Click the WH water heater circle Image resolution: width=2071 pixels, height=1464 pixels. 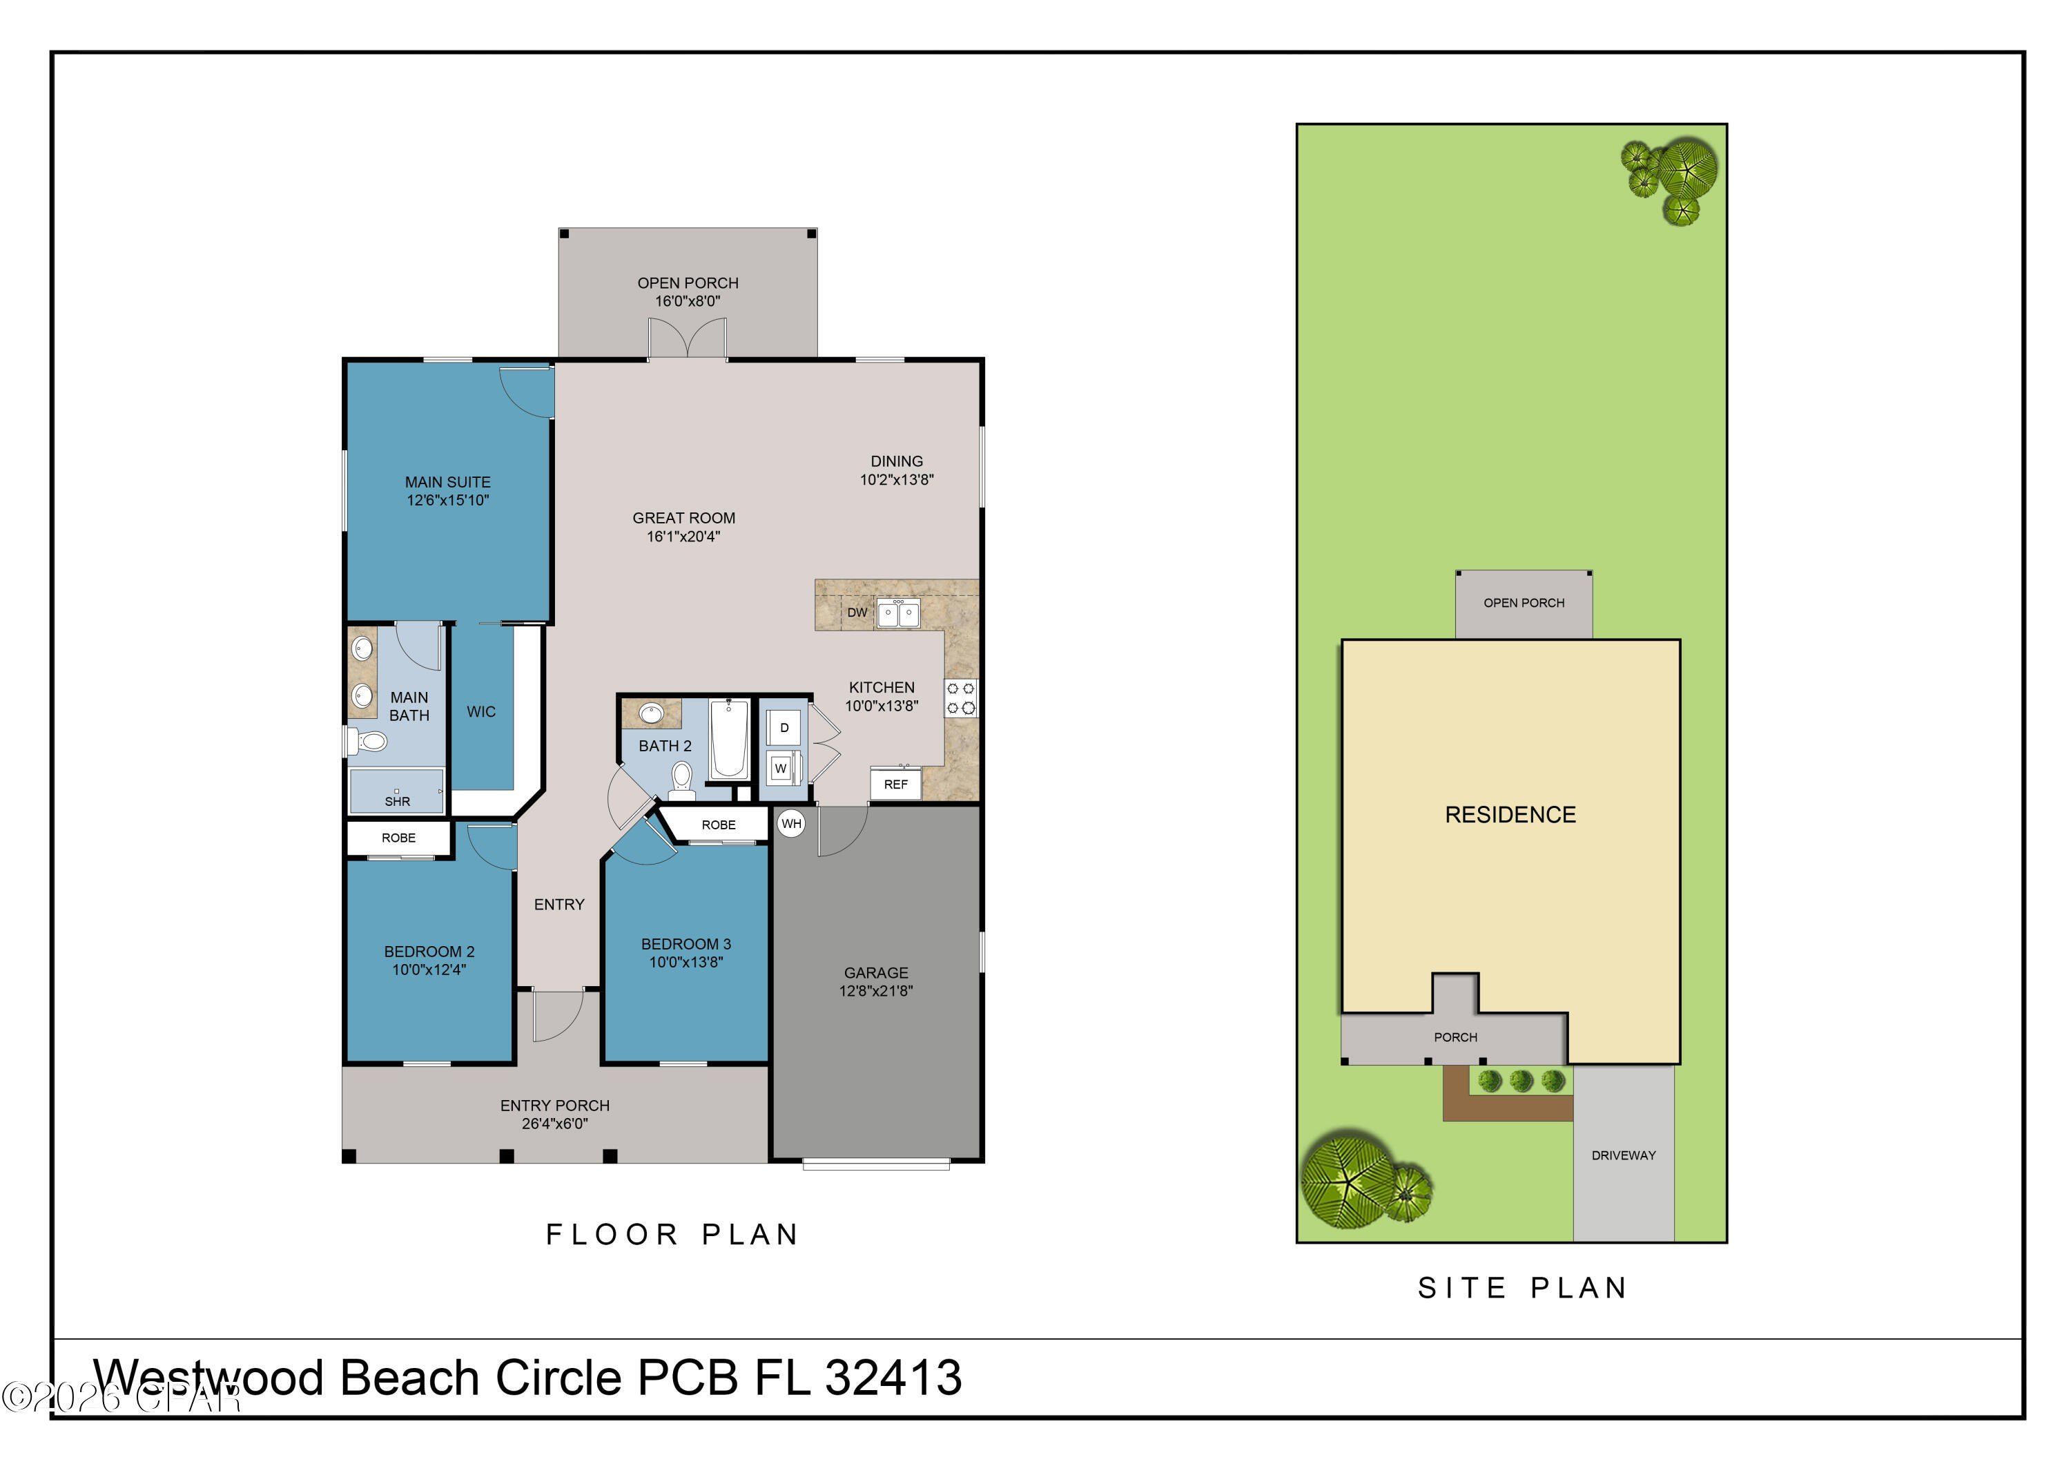click(791, 824)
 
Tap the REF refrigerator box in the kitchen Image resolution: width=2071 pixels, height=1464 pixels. click(895, 784)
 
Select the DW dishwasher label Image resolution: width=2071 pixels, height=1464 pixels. click(857, 613)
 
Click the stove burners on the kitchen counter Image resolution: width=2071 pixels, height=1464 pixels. click(962, 698)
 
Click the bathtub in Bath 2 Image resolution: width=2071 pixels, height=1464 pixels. click(729, 740)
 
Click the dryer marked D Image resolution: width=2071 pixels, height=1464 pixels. click(784, 728)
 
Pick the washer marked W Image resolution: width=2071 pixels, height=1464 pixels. click(781, 769)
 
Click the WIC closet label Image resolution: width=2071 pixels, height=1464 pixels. click(480, 712)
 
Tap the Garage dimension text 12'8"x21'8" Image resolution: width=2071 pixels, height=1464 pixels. click(876, 990)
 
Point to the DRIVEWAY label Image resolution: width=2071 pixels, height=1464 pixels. click(1624, 1155)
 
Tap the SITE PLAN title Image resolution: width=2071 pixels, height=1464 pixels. click(1523, 1288)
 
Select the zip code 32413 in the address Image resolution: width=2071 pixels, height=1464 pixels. click(893, 1378)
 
